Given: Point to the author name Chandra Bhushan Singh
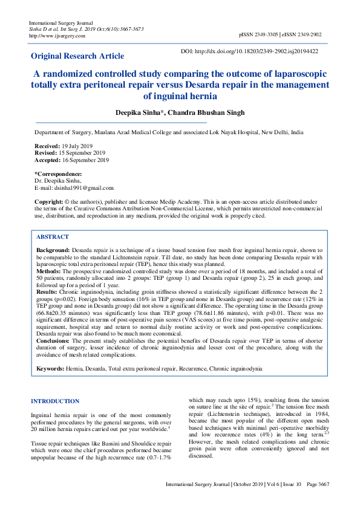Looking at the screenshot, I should pyautogui.click(x=199, y=113).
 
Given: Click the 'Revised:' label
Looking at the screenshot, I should pyautogui.click(x=46, y=153).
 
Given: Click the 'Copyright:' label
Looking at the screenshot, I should pyautogui.click(x=49, y=201).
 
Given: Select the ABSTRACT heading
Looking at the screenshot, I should pyautogui.click(x=53, y=237).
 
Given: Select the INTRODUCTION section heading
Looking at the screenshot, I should pyautogui.click(x=54, y=401).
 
